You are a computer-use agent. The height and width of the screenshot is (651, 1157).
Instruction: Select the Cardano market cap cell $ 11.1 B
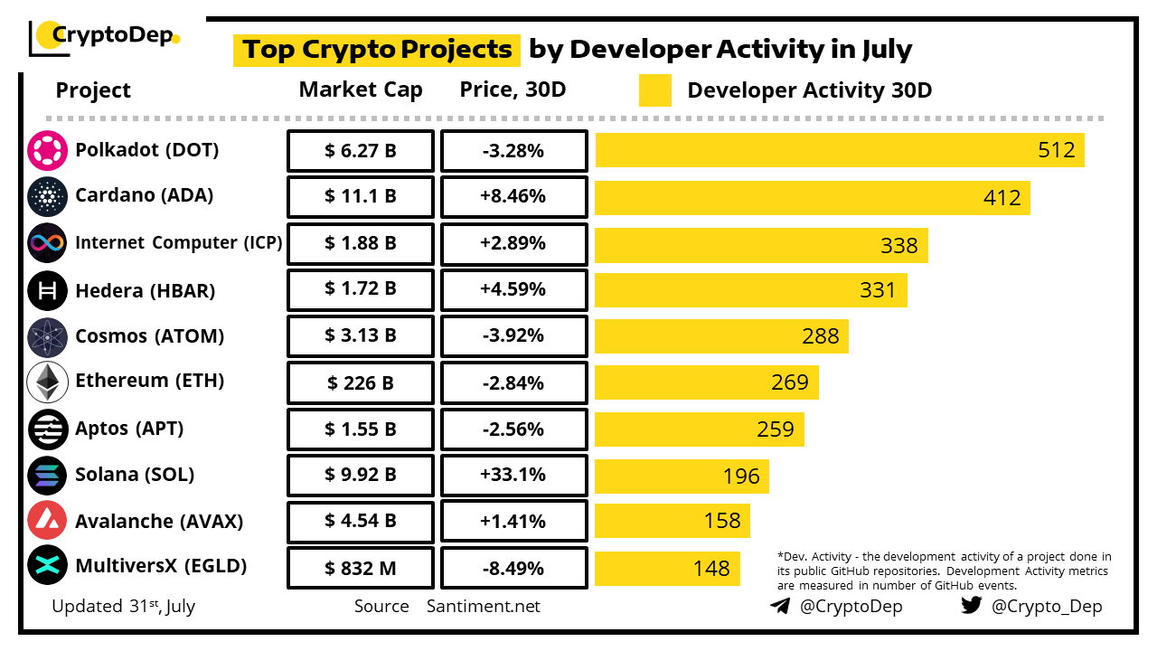point(361,196)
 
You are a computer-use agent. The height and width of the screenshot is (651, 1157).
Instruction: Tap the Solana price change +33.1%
point(513,475)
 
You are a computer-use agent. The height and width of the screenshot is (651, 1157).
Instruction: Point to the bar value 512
point(1057,150)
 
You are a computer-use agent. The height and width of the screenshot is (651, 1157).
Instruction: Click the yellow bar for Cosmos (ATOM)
point(721,336)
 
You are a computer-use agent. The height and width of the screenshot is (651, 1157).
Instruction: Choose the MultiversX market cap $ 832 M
point(361,568)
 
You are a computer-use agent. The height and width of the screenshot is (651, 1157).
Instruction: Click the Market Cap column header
point(361,90)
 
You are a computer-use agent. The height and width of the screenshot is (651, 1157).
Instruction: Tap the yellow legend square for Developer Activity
point(655,90)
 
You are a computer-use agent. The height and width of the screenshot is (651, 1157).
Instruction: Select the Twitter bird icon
point(971,606)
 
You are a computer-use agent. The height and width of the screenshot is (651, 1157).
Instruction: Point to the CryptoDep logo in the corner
point(104,36)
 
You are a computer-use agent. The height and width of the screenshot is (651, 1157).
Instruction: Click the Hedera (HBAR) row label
point(145,290)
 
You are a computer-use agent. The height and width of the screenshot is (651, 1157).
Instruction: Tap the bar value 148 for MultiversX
point(711,569)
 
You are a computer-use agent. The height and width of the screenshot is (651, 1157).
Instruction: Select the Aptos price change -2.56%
point(513,429)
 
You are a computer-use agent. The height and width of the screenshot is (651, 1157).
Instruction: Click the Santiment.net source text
point(484,607)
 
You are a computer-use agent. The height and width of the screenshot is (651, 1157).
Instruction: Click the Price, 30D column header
point(513,90)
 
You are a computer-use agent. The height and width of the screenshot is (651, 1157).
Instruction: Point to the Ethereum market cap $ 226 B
point(361,382)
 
